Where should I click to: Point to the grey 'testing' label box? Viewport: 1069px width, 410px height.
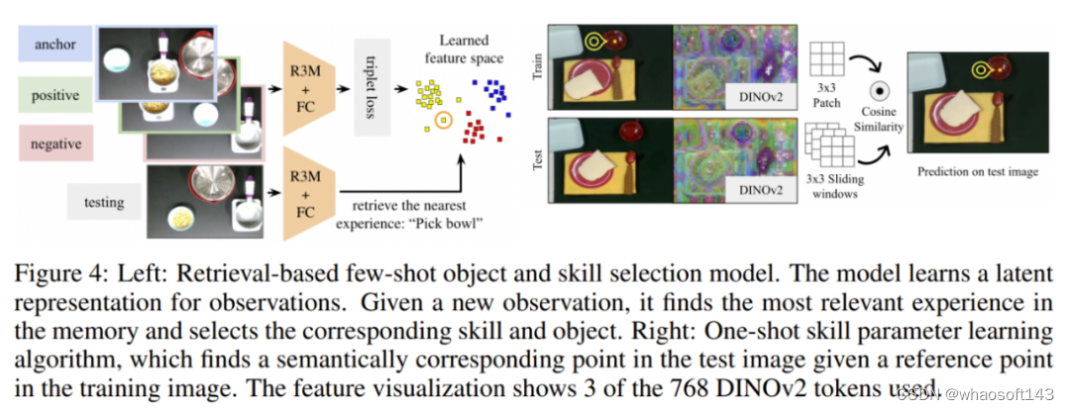pos(104,203)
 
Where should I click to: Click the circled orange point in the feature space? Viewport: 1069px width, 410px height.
pos(443,121)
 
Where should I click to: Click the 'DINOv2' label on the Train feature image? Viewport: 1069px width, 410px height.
pos(760,94)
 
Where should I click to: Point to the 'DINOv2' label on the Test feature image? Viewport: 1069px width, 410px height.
pos(760,186)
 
